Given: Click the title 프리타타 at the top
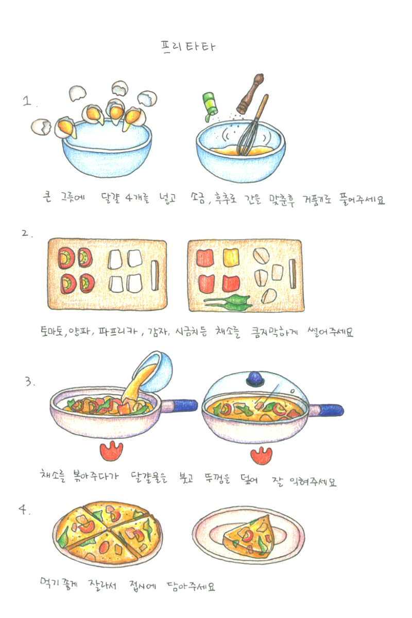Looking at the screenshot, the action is pos(187,47).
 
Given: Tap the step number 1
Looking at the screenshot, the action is pos(27,101).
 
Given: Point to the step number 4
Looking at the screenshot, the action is pos(23,509).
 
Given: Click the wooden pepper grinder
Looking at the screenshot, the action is pos(250,93).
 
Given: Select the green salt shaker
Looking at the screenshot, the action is pos(210,106).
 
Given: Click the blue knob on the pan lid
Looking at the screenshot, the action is pos(255,378).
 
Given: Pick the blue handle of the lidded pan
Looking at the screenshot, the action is pos(330,410).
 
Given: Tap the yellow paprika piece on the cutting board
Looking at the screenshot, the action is pos(231,257).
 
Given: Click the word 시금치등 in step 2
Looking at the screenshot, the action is pos(191,331).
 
